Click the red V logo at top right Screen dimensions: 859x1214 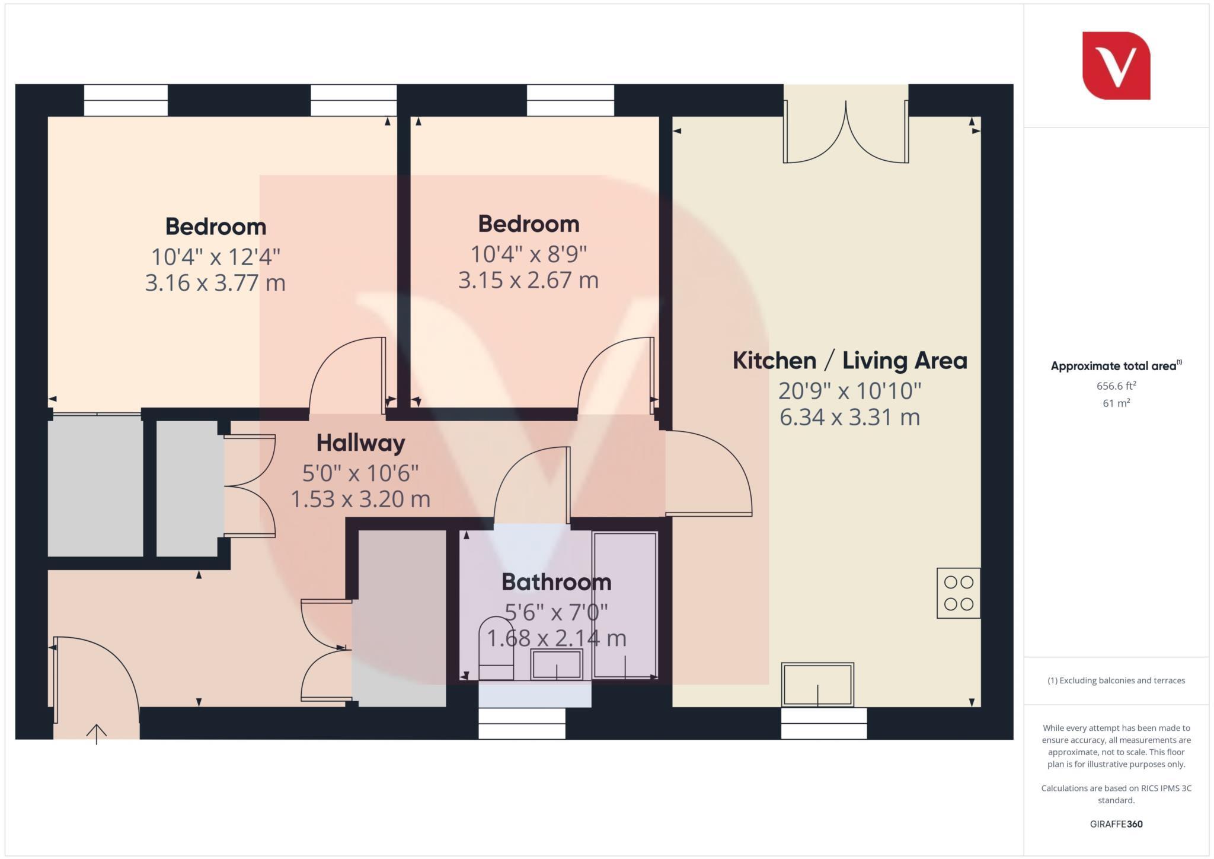tap(1116, 66)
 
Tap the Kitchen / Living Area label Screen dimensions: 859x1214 tap(849, 361)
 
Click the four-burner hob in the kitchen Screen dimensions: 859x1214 tap(958, 593)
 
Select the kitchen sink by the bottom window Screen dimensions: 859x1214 tap(817, 684)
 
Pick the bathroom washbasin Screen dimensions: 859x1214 tap(556, 664)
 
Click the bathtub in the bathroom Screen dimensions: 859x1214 tap(625, 605)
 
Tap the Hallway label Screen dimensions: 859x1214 tap(360, 443)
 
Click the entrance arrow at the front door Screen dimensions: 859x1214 tap(97, 734)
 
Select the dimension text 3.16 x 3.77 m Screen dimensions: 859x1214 tap(215, 282)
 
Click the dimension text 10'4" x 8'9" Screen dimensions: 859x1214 tap(528, 254)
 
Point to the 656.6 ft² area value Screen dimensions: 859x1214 tap(1116, 386)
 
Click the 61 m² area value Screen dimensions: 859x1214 tap(1116, 403)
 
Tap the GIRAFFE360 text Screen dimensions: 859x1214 tap(1116, 824)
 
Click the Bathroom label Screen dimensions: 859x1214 tap(556, 582)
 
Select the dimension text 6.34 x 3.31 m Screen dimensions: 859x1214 tap(849, 417)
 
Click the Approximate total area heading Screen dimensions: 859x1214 tap(1114, 366)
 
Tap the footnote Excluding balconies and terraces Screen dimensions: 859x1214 tap(1116, 680)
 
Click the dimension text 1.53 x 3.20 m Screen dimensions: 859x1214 tap(360, 499)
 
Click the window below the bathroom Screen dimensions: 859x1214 tap(522, 724)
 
